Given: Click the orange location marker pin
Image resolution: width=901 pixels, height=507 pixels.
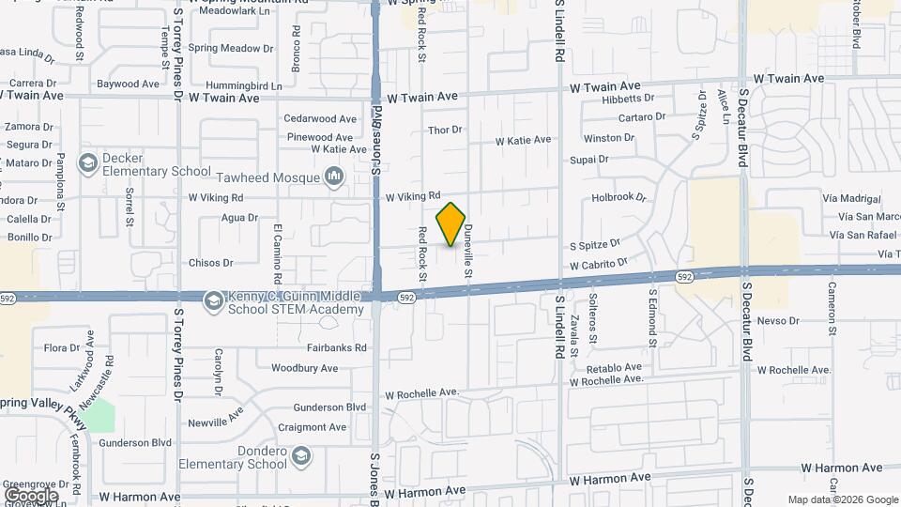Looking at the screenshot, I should [x=450, y=224].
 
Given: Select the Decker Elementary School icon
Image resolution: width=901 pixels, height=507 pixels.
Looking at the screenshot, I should [x=87, y=163].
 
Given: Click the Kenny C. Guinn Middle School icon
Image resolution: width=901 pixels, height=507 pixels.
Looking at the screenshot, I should [x=212, y=299].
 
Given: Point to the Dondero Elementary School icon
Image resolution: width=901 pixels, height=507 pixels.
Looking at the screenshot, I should [x=300, y=456].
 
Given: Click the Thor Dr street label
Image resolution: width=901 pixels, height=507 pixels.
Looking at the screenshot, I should [x=444, y=130].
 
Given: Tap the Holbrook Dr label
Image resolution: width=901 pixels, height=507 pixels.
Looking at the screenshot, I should [x=619, y=197].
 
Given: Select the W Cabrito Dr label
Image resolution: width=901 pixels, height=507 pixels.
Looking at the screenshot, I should [x=598, y=266].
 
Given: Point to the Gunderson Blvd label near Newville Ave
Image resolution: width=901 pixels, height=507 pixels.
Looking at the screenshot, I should [x=329, y=407].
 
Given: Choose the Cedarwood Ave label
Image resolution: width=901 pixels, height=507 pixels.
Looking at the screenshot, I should [x=320, y=119].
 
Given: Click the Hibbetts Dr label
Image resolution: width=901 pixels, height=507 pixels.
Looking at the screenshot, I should [x=628, y=98].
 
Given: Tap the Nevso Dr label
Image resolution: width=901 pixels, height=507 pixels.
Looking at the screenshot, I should [x=776, y=320].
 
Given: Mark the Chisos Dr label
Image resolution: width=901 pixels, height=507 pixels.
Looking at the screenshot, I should [x=210, y=263].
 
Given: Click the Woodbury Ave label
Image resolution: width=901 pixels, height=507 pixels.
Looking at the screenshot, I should [x=304, y=368].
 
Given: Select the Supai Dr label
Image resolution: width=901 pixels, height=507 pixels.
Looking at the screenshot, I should [x=589, y=160].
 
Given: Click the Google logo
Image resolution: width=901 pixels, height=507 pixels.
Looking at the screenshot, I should [x=31, y=495].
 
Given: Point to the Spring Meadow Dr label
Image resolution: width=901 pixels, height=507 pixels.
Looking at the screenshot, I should [x=230, y=48].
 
